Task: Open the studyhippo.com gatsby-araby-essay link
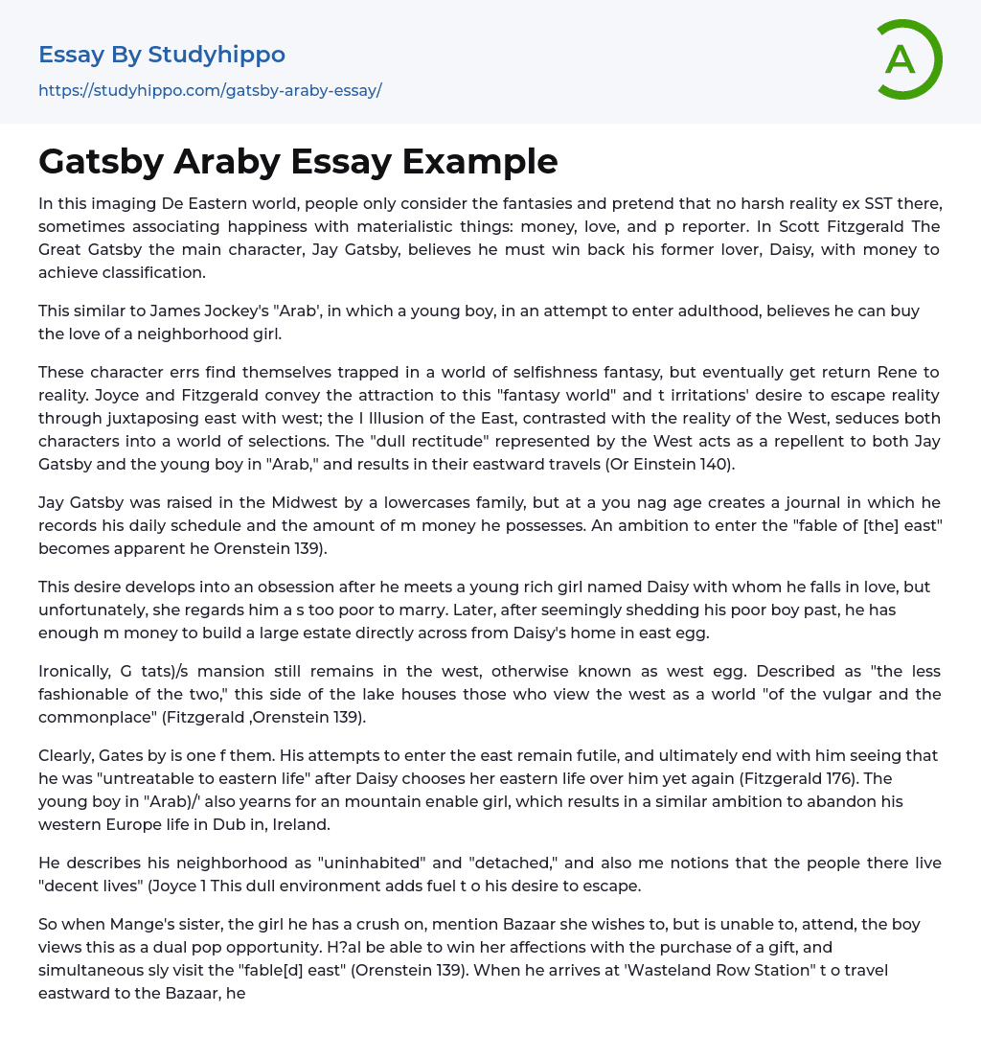coord(210,91)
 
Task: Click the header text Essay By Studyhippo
coord(162,55)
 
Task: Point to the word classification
coord(152,272)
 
